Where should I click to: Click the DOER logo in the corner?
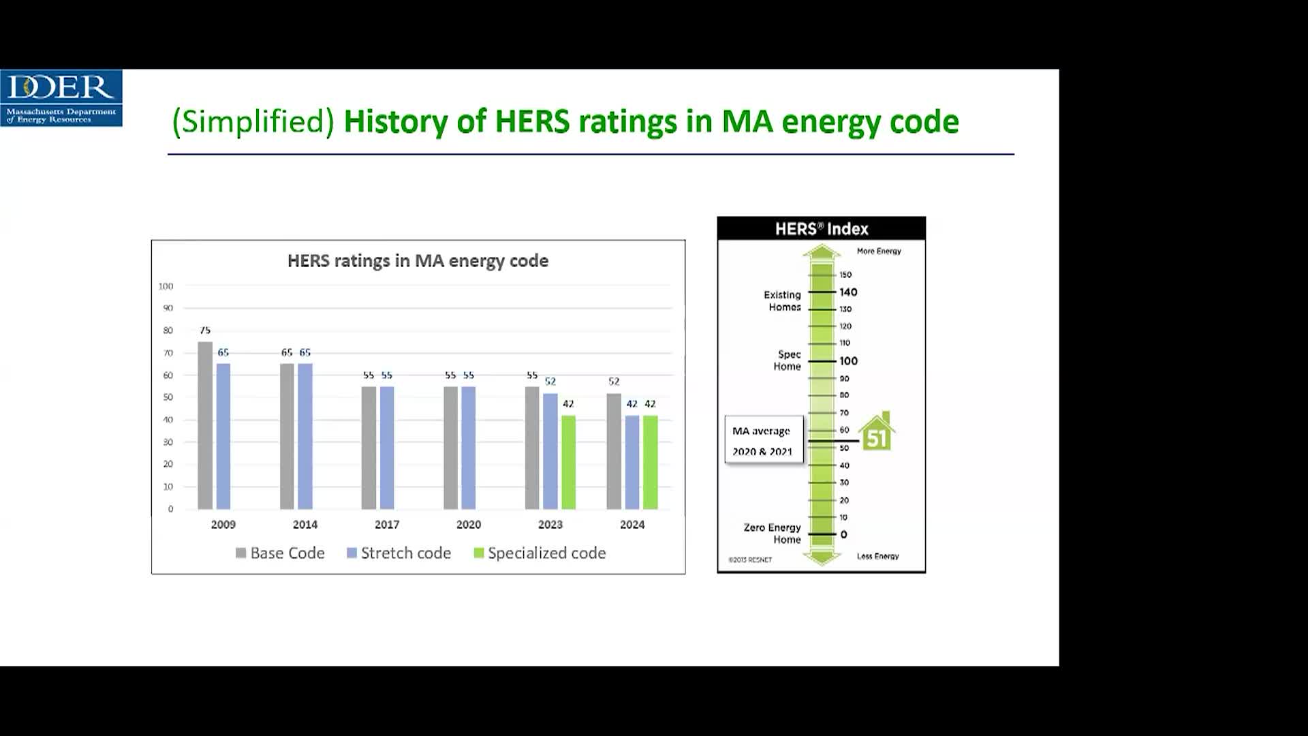[x=61, y=98]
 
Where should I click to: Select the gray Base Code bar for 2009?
[x=205, y=425]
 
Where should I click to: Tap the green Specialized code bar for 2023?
[x=568, y=462]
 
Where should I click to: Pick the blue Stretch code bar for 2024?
[x=632, y=462]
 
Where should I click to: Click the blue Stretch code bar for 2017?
[x=387, y=448]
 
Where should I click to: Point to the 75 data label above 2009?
[x=205, y=331]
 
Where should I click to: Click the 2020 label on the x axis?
[x=469, y=525]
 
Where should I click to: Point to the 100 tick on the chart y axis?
[x=166, y=286]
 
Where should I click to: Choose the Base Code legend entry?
[x=280, y=553]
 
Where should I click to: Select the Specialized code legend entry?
[x=540, y=553]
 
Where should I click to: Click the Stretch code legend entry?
[x=399, y=553]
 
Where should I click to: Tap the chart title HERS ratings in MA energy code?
[x=418, y=261]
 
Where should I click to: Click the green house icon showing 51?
[x=876, y=431]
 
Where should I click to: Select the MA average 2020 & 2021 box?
[x=764, y=440]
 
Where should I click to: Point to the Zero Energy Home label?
[x=773, y=534]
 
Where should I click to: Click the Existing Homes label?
[x=782, y=301]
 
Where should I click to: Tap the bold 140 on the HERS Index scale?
[x=848, y=292]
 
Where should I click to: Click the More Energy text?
[x=879, y=251]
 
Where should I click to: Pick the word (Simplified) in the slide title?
[x=253, y=122]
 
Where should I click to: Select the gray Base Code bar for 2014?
[x=287, y=436]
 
